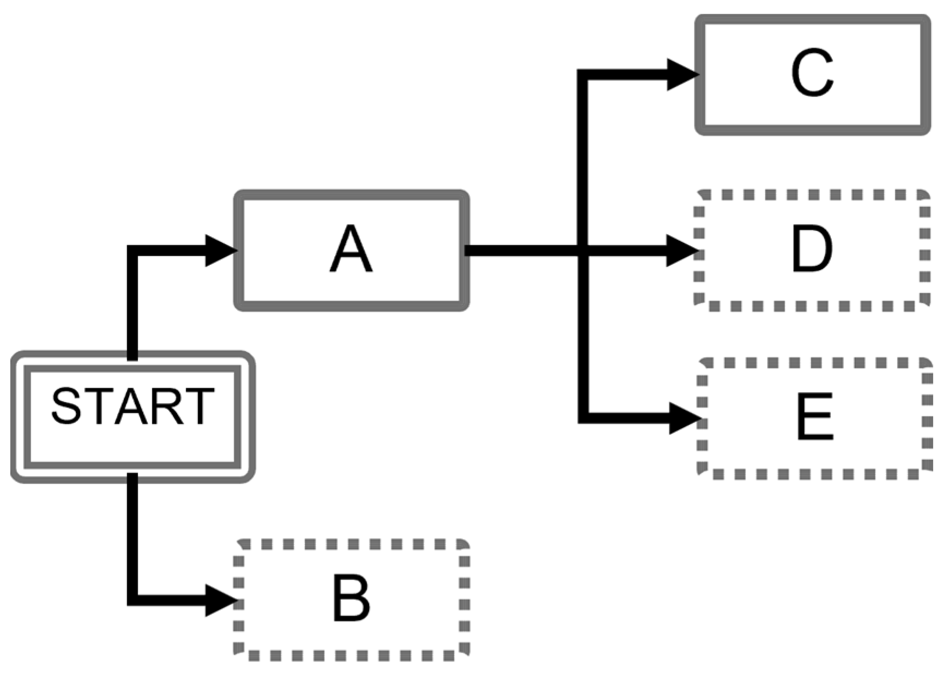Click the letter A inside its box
coord(351,250)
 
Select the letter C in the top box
coord(812,73)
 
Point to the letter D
coord(812,250)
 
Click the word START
coord(132,406)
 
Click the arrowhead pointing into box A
coord(220,250)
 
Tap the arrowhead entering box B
coord(220,600)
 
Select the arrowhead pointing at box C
coord(682,75)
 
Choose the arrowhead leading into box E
coord(684,418)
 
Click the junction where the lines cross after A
coord(583,251)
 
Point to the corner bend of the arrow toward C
coord(583,75)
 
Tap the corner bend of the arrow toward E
coord(583,418)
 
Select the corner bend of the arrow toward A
coord(132,250)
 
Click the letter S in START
coord(66,406)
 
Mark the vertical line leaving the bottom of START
coord(132,534)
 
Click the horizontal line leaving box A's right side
coord(518,251)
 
